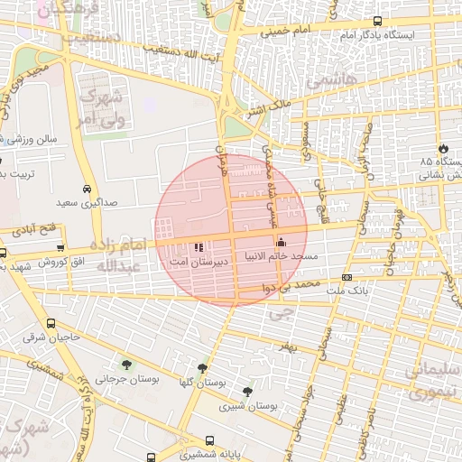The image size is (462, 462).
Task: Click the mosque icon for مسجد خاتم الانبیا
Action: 280,243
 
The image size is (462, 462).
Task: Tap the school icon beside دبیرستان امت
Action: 199,246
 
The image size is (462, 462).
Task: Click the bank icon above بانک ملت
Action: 346,277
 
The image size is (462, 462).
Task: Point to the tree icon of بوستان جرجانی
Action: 125,365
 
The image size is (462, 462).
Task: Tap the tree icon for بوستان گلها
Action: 201,369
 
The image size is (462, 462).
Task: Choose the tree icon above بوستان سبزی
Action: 247,391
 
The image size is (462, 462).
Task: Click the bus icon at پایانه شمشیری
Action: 209,441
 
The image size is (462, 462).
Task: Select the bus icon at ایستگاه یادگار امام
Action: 377,22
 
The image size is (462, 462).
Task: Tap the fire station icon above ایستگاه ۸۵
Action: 442,148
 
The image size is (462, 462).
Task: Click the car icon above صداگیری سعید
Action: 86,190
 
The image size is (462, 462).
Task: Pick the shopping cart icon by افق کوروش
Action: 60,248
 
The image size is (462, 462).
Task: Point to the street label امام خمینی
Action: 285,32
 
